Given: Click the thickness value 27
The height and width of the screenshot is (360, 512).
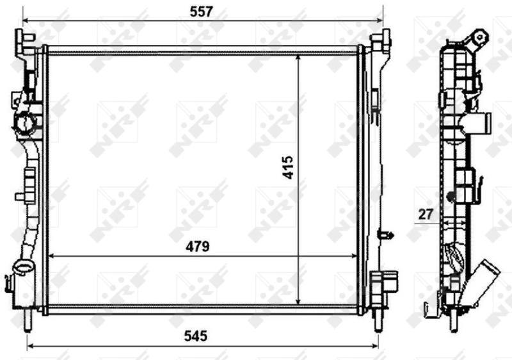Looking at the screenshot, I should click(x=424, y=214).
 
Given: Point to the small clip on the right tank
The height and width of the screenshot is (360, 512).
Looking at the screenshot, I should click(x=385, y=234).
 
